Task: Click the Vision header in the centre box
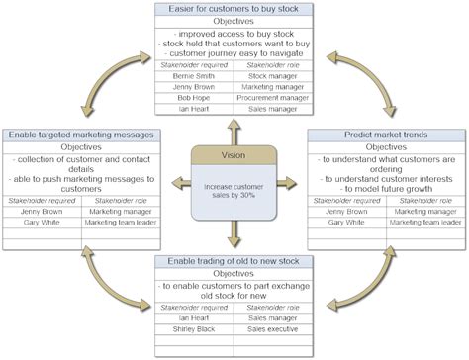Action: [x=234, y=156]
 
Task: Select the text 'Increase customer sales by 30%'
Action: [x=234, y=190]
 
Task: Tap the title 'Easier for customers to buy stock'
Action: [x=234, y=8]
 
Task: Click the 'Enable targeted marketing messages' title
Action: [x=80, y=135]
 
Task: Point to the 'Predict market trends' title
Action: [x=388, y=135]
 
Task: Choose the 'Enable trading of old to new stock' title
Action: [x=234, y=261]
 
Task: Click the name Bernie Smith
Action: [x=194, y=74]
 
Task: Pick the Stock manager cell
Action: [x=274, y=74]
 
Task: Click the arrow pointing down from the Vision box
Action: [x=234, y=236]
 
